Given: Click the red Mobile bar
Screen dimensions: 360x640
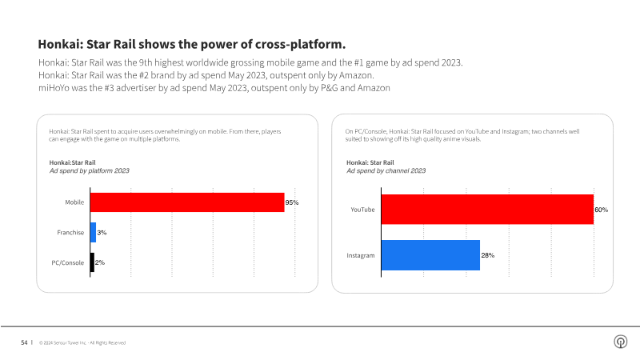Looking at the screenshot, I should click(x=187, y=202).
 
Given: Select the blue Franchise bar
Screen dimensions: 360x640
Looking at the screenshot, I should click(x=94, y=232).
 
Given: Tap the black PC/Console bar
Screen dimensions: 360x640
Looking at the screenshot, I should click(x=92, y=262).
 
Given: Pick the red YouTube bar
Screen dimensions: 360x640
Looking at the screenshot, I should click(x=487, y=210).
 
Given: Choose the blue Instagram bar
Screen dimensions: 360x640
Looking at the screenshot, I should click(x=430, y=255).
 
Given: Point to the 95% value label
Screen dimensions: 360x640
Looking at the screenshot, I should click(x=292, y=203).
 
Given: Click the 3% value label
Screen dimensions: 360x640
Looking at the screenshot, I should click(x=102, y=233).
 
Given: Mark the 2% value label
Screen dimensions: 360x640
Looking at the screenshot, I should click(x=100, y=262).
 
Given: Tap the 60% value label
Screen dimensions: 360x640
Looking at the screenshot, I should click(x=601, y=210).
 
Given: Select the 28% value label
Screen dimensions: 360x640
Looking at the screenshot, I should click(x=487, y=255).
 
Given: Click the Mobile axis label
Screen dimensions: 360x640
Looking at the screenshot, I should click(x=75, y=202).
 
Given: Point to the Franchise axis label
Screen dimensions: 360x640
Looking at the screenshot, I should click(x=71, y=232).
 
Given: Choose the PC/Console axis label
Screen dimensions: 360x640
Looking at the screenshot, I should click(x=69, y=262).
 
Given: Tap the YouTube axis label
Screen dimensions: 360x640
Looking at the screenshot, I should click(x=363, y=210).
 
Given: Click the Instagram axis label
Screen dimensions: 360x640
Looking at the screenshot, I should click(x=361, y=255).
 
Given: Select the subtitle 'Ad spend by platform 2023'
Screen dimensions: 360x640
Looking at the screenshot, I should click(x=89, y=171).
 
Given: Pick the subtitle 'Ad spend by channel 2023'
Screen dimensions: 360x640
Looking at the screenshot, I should click(x=386, y=171).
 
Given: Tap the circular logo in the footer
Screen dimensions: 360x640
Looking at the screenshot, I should click(x=619, y=342).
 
